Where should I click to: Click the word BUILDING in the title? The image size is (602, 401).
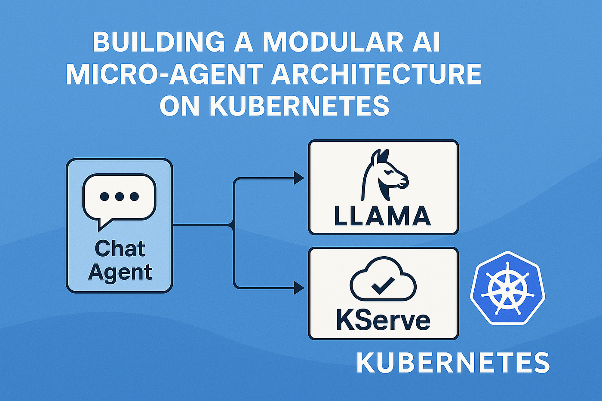click(159, 43)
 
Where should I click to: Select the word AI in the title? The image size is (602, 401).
click(429, 43)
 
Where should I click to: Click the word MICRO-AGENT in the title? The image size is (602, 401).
click(164, 74)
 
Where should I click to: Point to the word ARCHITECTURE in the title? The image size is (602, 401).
click(376, 74)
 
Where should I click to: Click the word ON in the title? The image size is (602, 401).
click(181, 106)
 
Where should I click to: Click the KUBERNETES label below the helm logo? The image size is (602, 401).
click(453, 363)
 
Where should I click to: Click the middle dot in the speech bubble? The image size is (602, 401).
click(120, 196)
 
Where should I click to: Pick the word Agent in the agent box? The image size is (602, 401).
click(120, 272)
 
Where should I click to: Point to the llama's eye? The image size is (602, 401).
click(388, 171)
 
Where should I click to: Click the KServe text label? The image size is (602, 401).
click(383, 321)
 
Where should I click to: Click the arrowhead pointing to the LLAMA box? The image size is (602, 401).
click(299, 178)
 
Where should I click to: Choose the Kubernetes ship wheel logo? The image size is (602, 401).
click(507, 289)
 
